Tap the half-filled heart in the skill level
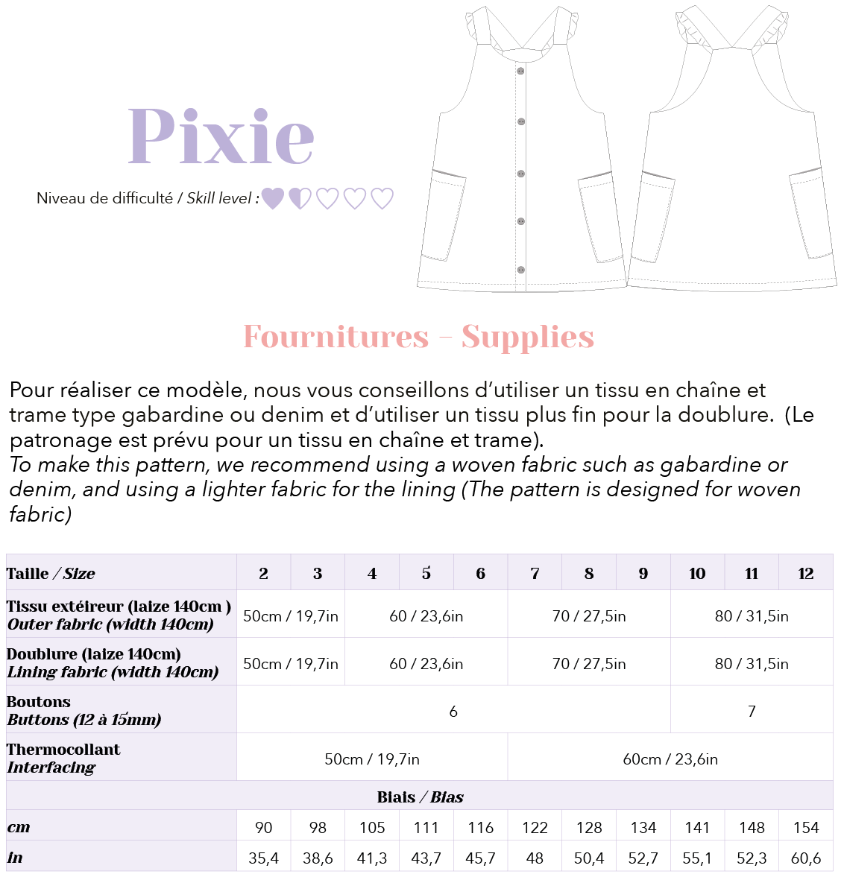coord(300,198)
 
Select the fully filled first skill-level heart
coord(273,198)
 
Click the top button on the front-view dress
coord(520,72)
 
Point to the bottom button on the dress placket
coord(521,270)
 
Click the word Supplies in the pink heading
coord(527,337)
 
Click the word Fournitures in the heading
coord(336,337)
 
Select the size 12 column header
coord(805,573)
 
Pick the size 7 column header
coord(535,573)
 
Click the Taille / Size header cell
coord(51,573)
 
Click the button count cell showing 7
coord(752,712)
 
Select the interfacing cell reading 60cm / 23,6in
coord(670,759)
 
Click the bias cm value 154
coord(806,828)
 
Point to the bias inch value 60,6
coord(806,858)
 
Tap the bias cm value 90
coord(263,828)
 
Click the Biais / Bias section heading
coord(420,797)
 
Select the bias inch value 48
coord(535,858)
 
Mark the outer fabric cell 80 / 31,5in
coord(752,616)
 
